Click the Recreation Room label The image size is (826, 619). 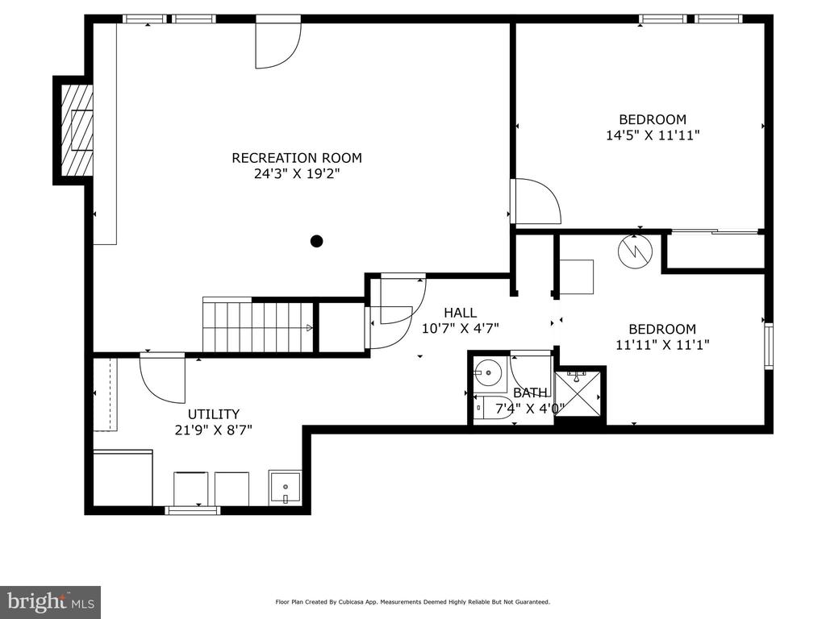click(x=297, y=158)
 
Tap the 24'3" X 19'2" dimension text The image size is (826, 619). click(x=297, y=174)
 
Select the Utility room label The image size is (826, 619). click(x=213, y=414)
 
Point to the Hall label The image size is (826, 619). click(x=460, y=313)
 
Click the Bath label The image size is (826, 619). click(x=530, y=393)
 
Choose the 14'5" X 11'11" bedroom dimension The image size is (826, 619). click(x=653, y=135)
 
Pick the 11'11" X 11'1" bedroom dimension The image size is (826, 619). click(x=662, y=345)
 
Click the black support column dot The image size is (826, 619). click(x=316, y=241)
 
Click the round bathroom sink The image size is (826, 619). click(x=490, y=372)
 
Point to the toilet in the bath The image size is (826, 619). click(x=494, y=408)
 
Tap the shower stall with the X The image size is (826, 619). click(x=578, y=393)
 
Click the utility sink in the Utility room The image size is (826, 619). click(x=285, y=488)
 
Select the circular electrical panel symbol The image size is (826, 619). click(x=635, y=251)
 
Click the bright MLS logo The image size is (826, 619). click(x=51, y=602)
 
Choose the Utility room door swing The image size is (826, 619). click(x=163, y=378)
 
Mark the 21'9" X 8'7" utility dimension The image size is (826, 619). click(x=213, y=430)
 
